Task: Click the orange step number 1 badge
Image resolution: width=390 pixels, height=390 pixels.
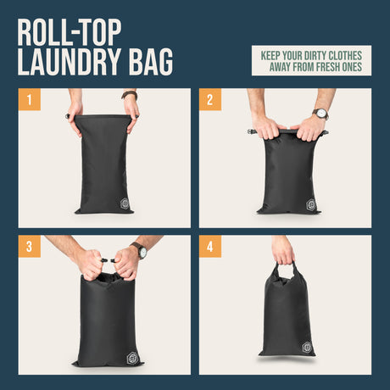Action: tap(30, 99)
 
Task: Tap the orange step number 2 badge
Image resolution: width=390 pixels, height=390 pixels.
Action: tap(210, 99)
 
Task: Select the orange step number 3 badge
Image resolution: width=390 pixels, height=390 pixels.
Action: tap(30, 247)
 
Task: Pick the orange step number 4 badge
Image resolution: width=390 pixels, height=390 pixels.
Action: tap(210, 247)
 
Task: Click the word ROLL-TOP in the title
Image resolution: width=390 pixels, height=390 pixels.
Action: tap(70, 32)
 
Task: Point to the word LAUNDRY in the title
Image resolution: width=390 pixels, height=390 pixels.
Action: tap(70, 62)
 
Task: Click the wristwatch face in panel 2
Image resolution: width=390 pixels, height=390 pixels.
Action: tap(321, 114)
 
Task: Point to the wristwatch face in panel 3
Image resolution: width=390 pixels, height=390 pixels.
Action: tap(143, 251)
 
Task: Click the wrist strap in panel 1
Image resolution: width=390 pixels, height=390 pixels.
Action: tap(130, 95)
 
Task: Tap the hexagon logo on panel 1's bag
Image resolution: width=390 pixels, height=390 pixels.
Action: tap(125, 203)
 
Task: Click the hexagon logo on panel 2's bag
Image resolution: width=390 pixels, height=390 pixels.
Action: tap(311, 204)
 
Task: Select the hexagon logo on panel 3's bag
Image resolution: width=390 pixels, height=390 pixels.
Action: tap(133, 358)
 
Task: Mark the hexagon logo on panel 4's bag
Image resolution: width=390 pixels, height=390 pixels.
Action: tap(307, 348)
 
